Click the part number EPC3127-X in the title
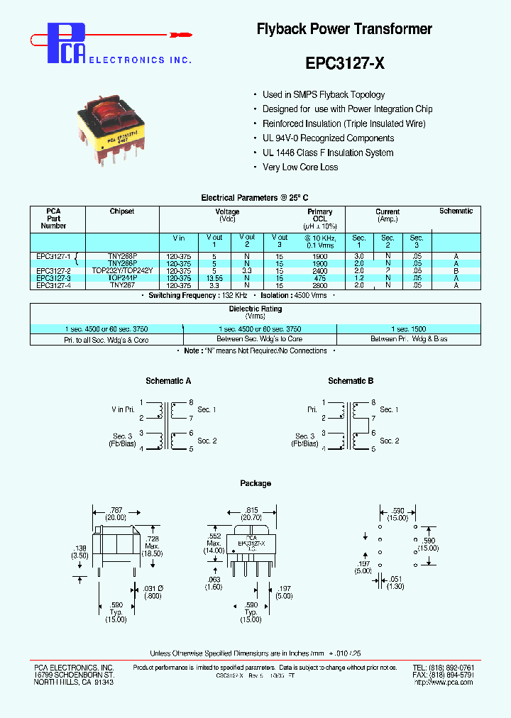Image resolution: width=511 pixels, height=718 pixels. [345, 62]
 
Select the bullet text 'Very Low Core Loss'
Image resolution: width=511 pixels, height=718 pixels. [300, 167]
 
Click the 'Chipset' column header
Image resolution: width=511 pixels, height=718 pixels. [122, 211]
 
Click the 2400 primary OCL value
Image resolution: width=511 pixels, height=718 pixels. [319, 271]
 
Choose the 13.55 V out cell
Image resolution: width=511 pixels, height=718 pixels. [214, 278]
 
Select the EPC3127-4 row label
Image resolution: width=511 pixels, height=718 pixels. [54, 285]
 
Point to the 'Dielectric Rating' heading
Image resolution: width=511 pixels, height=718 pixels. [255, 309]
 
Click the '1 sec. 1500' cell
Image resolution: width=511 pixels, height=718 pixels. [408, 329]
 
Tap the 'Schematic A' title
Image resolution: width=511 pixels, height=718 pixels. [168, 381]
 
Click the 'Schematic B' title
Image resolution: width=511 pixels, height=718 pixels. [351, 381]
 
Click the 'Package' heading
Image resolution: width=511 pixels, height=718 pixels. [255, 483]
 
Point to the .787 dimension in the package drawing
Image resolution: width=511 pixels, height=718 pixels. [116, 510]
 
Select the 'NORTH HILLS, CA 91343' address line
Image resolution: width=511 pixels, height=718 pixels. [74, 682]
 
